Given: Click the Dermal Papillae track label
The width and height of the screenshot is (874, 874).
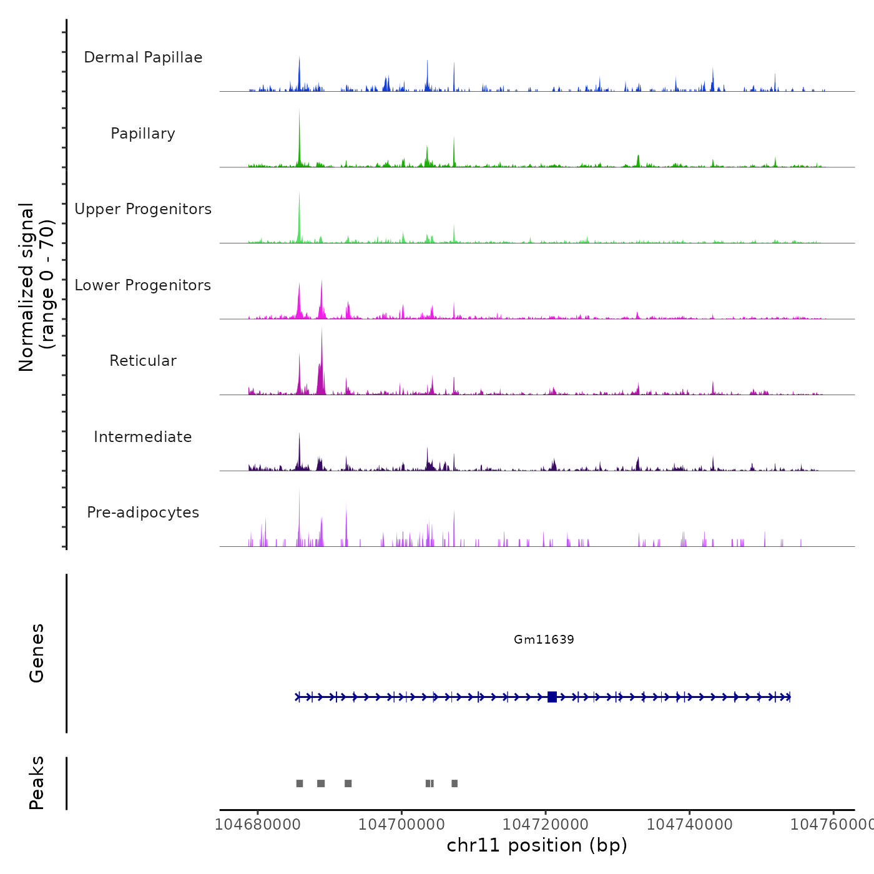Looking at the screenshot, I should pos(143,57).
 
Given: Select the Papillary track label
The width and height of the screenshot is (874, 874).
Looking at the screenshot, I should pos(143,134).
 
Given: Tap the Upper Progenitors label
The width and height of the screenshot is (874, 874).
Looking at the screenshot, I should pos(143,209).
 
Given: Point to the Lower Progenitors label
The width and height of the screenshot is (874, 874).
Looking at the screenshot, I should pos(143,285).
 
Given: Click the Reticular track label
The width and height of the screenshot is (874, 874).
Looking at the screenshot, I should pos(143,361).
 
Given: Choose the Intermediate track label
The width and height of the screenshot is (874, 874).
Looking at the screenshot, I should pos(143,437).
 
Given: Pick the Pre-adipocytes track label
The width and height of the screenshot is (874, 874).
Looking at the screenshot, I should pos(143,513).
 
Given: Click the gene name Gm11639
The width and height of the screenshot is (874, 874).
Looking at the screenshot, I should pos(544,639).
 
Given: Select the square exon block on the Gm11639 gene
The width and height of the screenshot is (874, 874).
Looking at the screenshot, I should pos(552,697).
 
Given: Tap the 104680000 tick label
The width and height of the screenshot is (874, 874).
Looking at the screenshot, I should pos(258,824).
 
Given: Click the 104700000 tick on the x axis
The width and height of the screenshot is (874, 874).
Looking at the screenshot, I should pos(401,824).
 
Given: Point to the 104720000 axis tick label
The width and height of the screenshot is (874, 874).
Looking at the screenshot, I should pos(546,824).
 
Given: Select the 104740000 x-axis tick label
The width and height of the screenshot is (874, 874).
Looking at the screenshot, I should pos(689,824).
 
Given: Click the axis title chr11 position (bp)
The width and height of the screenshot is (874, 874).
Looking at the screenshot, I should pos(537,845).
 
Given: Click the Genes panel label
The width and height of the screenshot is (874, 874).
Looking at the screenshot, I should pos(37,653).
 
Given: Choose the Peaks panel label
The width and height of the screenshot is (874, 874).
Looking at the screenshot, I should pos(37,783).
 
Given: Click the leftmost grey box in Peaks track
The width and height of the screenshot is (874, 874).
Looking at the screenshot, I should pos(300,783).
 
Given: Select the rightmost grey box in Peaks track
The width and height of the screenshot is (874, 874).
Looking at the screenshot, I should pos(454,783).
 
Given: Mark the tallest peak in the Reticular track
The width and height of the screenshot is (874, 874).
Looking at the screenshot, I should pos(322,331).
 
